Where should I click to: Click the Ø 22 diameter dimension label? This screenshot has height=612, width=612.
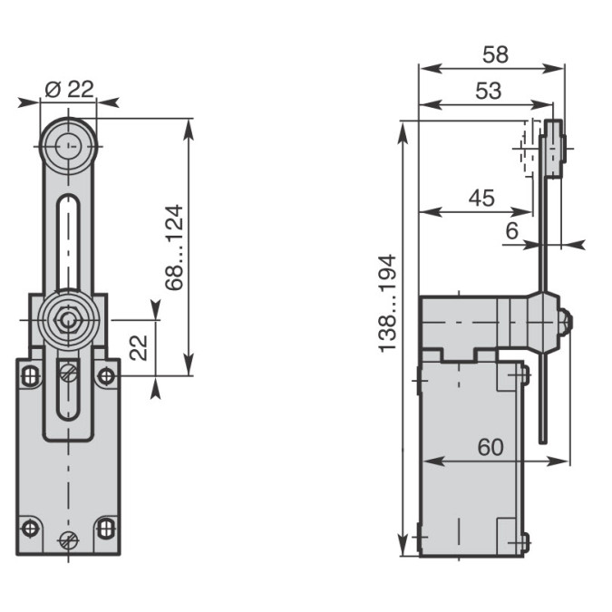coord(70,90)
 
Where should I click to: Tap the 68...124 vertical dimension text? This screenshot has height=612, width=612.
coord(174,248)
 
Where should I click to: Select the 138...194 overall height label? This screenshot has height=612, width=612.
coord(387,304)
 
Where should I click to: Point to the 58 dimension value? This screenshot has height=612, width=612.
coord(495,54)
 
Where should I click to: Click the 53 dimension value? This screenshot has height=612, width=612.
coord(489,91)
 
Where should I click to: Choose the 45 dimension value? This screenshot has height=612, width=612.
coord(481,198)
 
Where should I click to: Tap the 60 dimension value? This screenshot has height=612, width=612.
coord(491,447)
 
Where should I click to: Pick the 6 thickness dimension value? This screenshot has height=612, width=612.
coord(511,230)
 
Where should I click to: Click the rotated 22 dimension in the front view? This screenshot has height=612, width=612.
coord(139,347)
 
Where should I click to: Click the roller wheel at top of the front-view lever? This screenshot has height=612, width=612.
coord(69,146)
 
